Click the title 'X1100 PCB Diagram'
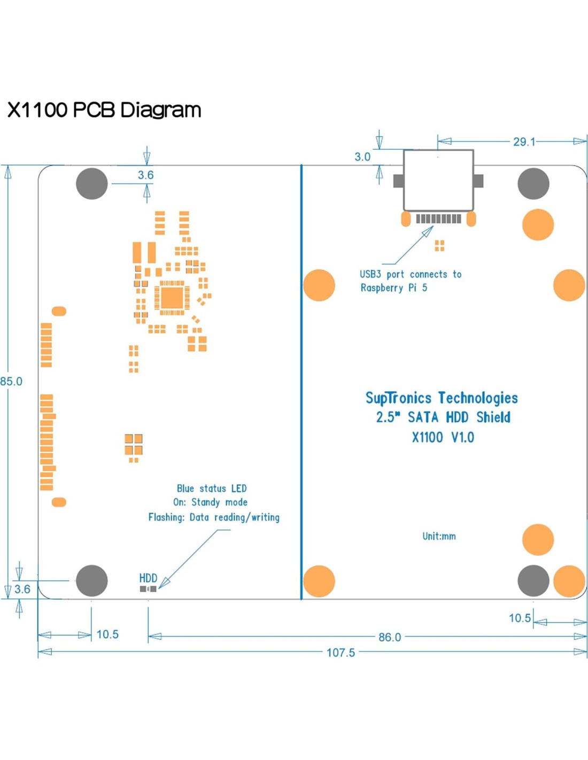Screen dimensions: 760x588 [x=104, y=110]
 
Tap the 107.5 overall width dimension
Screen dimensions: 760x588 [x=341, y=653]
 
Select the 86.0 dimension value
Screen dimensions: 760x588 [x=389, y=637]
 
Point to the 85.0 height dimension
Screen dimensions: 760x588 [x=11, y=382]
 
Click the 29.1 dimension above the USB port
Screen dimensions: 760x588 [x=524, y=142]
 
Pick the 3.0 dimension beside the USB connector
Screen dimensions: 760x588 [x=362, y=157]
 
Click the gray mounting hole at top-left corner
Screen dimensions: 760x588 [x=92, y=184]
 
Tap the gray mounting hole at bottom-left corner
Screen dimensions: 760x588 [x=92, y=580]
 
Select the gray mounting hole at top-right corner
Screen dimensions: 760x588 [x=533, y=184]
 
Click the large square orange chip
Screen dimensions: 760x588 [x=172, y=298]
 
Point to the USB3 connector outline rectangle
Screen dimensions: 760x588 [x=438, y=180]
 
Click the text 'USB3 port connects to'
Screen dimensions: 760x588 [x=411, y=274]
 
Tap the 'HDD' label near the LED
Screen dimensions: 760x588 [x=148, y=578]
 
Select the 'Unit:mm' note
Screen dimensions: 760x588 [x=439, y=536]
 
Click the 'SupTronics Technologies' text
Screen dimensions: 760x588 [x=442, y=398]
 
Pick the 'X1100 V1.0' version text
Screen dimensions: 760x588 [x=443, y=438]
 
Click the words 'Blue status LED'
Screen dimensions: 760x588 [x=212, y=488]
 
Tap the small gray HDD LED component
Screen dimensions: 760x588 [x=148, y=589]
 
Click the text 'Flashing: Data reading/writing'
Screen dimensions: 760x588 [x=214, y=517]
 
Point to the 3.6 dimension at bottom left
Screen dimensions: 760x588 [x=22, y=589]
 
